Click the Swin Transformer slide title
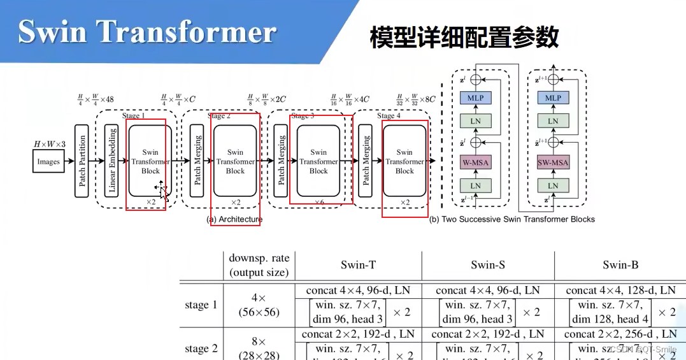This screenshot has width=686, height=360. (147, 31)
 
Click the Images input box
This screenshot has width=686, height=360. (48, 162)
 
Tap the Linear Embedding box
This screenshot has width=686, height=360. (112, 161)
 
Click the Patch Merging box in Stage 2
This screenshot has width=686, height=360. (197, 161)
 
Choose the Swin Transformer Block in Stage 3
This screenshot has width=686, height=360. (318, 161)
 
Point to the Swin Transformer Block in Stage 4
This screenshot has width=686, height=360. (404, 161)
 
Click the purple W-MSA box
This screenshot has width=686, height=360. (475, 162)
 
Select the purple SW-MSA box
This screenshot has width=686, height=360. (553, 162)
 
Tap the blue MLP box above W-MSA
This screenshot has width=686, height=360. (475, 98)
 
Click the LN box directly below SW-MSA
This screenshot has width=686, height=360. (553, 185)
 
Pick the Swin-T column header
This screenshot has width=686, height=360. (358, 265)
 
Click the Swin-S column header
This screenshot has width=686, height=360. (488, 265)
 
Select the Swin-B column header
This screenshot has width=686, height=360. (620, 265)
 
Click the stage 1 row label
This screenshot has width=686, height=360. (201, 305)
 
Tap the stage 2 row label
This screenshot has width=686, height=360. (201, 349)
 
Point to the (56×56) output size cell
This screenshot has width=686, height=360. (258, 312)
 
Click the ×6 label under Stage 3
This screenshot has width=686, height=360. (319, 202)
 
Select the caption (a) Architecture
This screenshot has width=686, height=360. (234, 219)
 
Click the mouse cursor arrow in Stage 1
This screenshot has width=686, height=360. (162, 189)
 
